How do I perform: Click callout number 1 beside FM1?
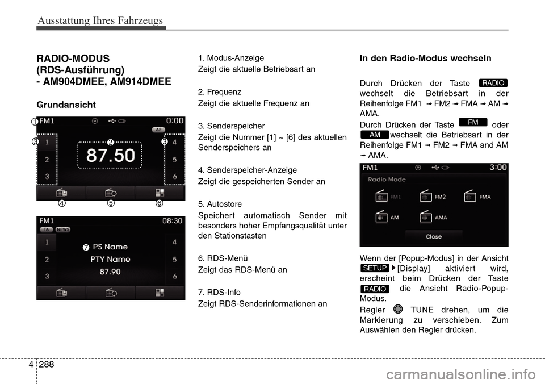(35, 122)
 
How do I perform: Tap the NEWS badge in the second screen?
(62, 229)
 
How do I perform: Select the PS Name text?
(110, 247)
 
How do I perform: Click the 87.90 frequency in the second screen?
(111, 272)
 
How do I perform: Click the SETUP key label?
(375, 268)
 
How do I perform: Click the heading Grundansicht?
(66, 105)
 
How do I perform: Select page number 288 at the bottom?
(47, 364)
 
